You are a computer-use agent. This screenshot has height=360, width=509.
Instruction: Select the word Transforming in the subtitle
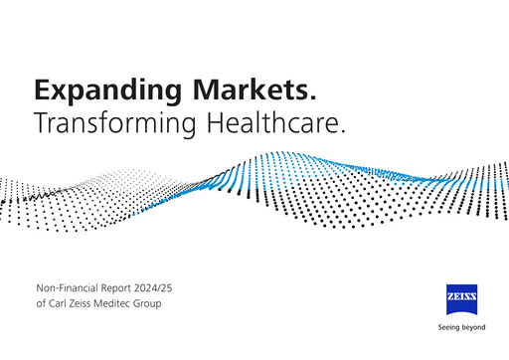(x=114, y=125)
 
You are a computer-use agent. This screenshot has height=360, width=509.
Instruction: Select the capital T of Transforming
(x=42, y=125)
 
